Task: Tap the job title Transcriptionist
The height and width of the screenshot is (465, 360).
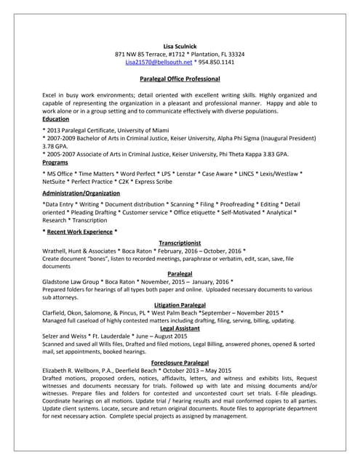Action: [x=180, y=243]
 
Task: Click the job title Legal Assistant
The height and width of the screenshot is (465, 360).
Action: [x=180, y=328]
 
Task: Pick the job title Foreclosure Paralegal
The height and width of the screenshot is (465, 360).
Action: [x=180, y=362]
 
